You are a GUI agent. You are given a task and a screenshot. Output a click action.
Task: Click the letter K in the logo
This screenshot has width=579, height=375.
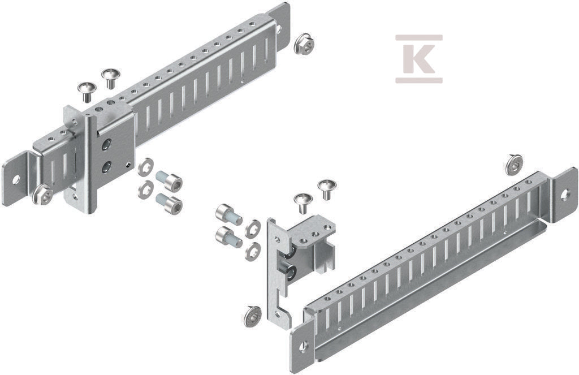(x=418, y=58)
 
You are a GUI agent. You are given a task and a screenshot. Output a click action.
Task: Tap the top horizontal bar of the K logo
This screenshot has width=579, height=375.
(x=419, y=37)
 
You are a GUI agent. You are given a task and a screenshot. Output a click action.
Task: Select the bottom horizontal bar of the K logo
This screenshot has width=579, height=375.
(x=419, y=80)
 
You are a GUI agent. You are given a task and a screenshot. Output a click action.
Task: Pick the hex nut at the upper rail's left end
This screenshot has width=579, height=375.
(x=42, y=195)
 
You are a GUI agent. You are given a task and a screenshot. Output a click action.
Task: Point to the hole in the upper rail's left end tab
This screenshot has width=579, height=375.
(x=15, y=180)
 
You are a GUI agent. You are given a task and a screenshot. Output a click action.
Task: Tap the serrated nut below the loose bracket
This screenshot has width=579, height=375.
(x=253, y=316)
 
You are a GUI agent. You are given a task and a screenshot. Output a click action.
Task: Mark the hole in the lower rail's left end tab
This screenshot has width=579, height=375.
(x=304, y=347)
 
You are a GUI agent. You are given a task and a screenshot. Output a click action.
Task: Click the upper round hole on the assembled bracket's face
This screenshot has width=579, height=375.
(x=107, y=144)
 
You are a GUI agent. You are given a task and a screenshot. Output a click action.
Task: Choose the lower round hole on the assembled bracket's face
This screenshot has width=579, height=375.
(x=106, y=167)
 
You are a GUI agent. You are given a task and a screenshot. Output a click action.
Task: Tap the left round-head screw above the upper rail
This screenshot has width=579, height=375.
(x=87, y=92)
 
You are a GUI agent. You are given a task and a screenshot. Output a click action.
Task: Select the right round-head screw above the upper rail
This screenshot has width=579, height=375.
(x=110, y=77)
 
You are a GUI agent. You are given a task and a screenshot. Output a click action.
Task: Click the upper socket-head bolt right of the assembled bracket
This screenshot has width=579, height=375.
(x=169, y=180)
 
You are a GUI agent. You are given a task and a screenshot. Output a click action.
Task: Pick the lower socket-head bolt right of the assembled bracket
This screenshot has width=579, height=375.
(x=169, y=202)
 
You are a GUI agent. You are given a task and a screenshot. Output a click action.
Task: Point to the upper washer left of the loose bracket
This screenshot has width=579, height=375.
(x=253, y=229)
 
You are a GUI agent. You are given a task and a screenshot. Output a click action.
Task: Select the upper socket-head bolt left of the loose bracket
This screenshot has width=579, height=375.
(x=229, y=215)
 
